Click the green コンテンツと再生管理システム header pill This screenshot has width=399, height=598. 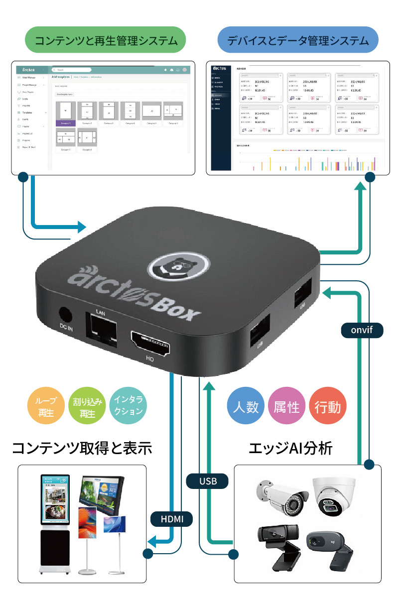click(106, 40)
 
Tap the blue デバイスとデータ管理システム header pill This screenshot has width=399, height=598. click(298, 40)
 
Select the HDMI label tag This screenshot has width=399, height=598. click(172, 519)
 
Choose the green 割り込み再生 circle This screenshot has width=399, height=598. click(87, 406)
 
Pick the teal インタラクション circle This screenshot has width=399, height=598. click(128, 406)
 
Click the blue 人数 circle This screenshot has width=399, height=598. click(246, 407)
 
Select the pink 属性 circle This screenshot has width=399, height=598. click(286, 407)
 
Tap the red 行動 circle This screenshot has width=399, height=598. click(327, 407)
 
